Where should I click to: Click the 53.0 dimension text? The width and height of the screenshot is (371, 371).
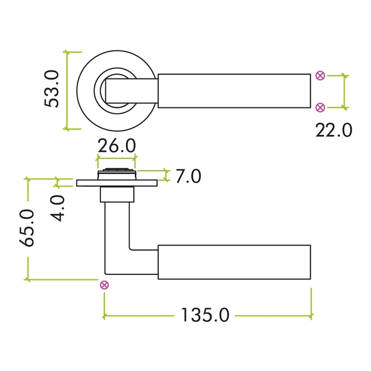[51, 89]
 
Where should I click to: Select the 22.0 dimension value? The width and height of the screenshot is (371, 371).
[333, 131]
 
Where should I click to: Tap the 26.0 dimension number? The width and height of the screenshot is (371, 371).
[117, 146]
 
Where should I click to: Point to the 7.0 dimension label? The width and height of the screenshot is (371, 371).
[188, 176]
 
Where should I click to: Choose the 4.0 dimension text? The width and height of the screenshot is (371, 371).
[58, 208]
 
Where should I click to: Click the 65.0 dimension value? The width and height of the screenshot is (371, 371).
[27, 228]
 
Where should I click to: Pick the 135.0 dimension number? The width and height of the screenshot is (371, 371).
[205, 315]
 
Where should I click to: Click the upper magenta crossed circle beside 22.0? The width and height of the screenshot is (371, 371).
[320, 76]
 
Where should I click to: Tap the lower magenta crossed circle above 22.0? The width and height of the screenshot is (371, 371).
[320, 107]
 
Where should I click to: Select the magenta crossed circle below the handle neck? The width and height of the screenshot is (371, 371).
[104, 285]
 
